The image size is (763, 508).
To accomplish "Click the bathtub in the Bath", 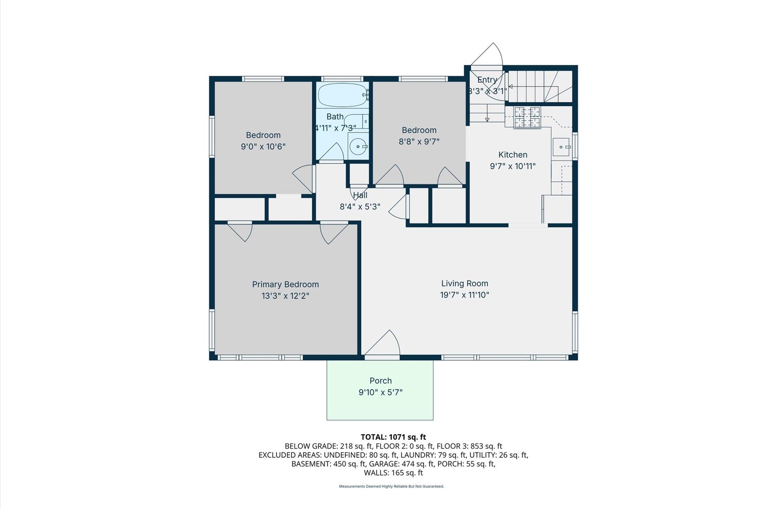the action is (343, 95).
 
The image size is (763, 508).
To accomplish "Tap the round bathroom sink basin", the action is (357, 147).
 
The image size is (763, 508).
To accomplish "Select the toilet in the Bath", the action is (356, 121).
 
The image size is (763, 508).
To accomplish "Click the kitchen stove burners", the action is (527, 118).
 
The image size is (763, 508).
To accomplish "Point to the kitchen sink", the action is (561, 147).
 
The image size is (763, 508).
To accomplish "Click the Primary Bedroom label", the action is (285, 284).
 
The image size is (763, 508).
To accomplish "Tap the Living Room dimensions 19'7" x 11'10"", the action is (464, 294).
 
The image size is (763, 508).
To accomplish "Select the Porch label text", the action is (381, 381).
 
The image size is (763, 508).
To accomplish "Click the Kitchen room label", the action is (512, 154).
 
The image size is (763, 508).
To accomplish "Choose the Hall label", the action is (360, 195).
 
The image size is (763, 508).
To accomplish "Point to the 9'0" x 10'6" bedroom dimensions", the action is (263, 147).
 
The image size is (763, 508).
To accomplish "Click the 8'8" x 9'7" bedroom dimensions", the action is (419, 141).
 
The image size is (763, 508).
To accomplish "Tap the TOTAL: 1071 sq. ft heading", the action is (393, 437).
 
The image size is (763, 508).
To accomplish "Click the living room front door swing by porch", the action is (382, 343).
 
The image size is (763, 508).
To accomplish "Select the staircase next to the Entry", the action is (540, 87).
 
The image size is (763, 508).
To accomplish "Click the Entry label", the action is (487, 79).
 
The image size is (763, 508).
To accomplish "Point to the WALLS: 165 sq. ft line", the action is (393, 473).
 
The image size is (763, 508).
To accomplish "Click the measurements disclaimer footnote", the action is (391, 486).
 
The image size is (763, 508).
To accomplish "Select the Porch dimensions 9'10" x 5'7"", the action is (381, 392).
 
